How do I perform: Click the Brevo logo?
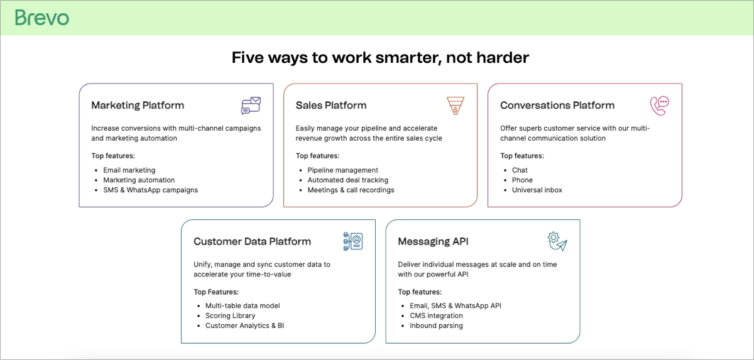42,18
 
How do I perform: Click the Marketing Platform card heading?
138,106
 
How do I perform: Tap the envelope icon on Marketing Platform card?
251,106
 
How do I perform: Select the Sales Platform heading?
331,106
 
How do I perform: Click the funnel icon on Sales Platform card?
456,106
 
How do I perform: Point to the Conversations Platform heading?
557,106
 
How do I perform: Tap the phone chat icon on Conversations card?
659,106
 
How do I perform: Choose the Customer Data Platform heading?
252,242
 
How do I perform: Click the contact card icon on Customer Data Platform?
353,241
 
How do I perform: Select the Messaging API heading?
433,242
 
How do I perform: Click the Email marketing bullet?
129,170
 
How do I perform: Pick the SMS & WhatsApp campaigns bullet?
151,190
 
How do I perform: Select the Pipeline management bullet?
343,170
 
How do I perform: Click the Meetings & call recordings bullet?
351,190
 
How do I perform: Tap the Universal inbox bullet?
537,190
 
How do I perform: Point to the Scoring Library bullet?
231,316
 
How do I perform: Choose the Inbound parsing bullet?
436,326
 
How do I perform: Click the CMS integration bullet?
436,316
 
